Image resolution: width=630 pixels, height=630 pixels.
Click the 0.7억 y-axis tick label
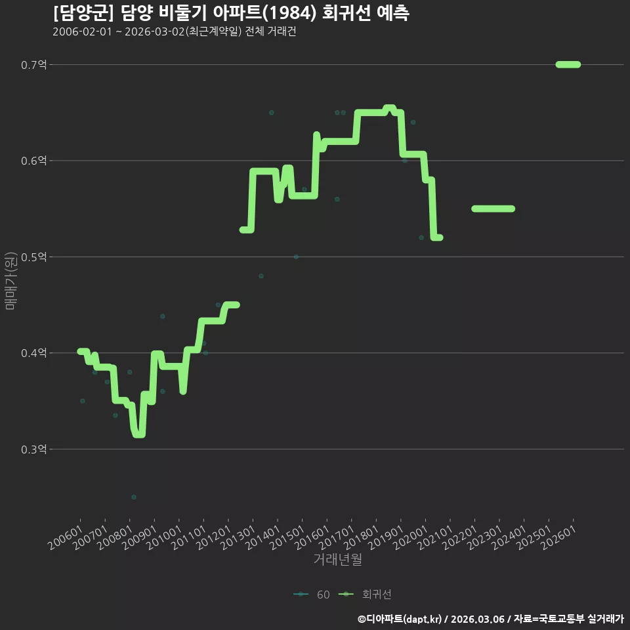click(33, 65)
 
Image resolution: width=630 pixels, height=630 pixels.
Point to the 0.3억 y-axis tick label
click(33, 449)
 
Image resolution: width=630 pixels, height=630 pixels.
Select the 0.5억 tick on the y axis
click(33, 257)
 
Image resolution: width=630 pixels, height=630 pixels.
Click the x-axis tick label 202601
click(558, 537)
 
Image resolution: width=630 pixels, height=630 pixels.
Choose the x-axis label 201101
click(189, 537)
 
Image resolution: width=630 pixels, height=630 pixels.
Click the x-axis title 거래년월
click(337, 559)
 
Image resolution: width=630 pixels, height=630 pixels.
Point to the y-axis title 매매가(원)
click(10, 281)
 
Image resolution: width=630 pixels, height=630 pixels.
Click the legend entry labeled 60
click(312, 595)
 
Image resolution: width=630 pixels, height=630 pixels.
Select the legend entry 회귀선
click(365, 595)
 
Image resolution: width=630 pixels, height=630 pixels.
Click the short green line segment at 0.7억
click(568, 64)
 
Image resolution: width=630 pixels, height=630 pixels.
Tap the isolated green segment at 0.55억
click(493, 209)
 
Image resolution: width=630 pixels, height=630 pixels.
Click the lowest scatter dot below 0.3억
click(134, 497)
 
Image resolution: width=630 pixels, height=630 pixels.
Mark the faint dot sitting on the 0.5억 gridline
click(296, 257)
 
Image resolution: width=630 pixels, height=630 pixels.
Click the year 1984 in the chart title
click(289, 13)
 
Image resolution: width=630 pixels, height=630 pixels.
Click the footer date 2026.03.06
click(478, 619)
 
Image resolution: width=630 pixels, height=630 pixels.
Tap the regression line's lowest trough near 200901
click(138, 434)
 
